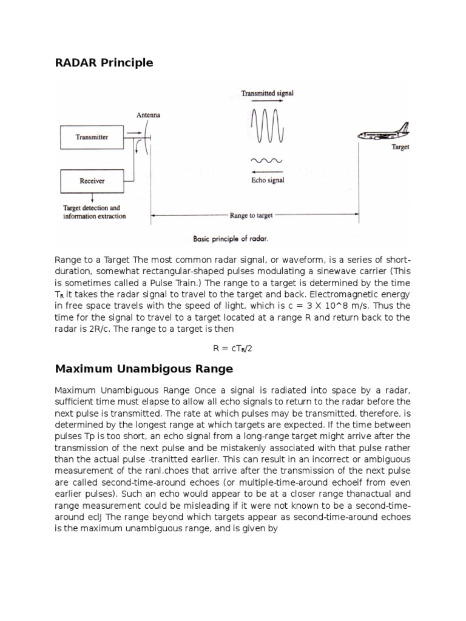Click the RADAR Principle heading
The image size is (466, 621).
tap(104, 62)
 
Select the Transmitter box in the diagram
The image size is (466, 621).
tap(92, 137)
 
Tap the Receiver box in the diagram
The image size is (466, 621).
tap(92, 180)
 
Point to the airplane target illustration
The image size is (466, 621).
tap(383, 133)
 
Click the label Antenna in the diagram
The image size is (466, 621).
tap(149, 115)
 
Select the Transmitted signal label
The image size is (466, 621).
tap(268, 93)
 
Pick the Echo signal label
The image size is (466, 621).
tap(268, 180)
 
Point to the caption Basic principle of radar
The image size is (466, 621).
tap(231, 238)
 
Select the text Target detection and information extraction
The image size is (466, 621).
tap(95, 212)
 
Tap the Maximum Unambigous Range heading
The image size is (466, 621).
tap(144, 369)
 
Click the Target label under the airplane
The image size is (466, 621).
tap(401, 147)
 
